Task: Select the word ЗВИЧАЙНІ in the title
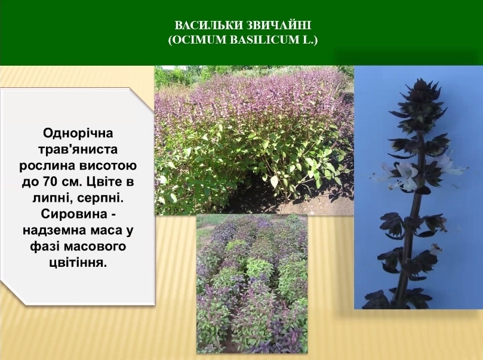click(x=279, y=25)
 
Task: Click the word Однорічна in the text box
click(x=78, y=134)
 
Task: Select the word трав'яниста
click(x=78, y=150)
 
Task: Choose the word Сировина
click(x=73, y=214)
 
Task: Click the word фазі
click(x=44, y=247)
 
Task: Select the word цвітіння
click(x=78, y=263)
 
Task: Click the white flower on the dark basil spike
click(x=405, y=176)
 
